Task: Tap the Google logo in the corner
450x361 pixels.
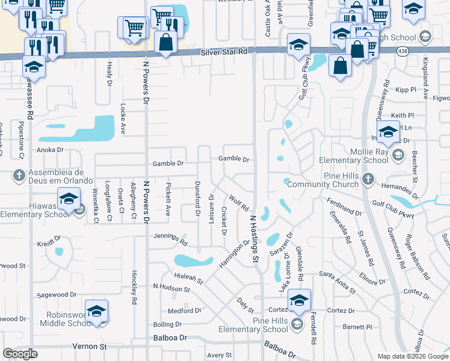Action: tap(20, 354)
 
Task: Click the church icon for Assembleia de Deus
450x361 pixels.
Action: tap(19, 175)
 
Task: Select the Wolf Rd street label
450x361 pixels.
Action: tap(239, 202)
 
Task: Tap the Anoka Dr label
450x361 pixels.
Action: tap(51, 150)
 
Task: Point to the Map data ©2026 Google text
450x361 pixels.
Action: tap(412, 356)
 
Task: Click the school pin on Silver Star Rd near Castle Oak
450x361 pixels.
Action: tap(298, 46)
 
